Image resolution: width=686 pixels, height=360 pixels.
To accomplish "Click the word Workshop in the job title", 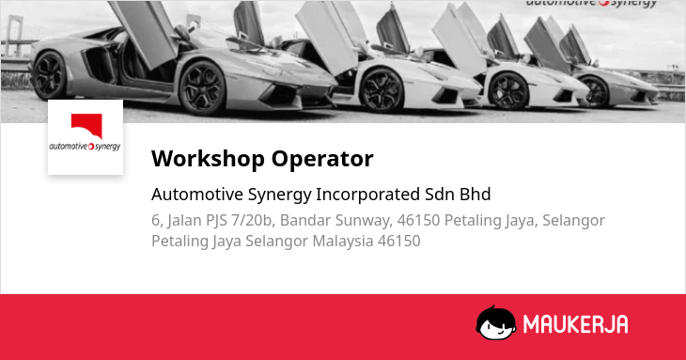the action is (x=208, y=158).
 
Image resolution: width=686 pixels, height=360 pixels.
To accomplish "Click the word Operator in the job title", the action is (x=322, y=158).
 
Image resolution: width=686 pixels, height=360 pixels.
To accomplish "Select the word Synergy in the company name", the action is (x=280, y=195).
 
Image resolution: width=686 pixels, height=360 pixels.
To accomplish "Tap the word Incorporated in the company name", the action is (x=368, y=195).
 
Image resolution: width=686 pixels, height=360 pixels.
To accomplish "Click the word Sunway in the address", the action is (x=364, y=221).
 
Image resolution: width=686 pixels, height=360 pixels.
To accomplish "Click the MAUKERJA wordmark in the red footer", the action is (x=575, y=324).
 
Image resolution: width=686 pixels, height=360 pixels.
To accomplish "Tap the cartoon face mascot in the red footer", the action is (x=495, y=322).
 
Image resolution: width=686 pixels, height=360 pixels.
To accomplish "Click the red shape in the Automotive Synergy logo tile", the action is (x=87, y=125).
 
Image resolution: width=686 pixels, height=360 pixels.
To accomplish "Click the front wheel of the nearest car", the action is (x=202, y=88).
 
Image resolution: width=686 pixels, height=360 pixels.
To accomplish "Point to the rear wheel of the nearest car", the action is (x=50, y=75).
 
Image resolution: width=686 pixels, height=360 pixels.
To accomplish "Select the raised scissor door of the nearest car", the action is (x=144, y=34).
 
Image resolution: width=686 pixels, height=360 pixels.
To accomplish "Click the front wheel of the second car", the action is (x=382, y=89).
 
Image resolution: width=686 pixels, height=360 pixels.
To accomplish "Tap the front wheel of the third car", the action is (x=508, y=90).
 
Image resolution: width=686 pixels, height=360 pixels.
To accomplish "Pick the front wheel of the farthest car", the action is (x=595, y=92).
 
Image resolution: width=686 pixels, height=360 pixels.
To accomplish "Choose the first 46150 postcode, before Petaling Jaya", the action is (x=418, y=220).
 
